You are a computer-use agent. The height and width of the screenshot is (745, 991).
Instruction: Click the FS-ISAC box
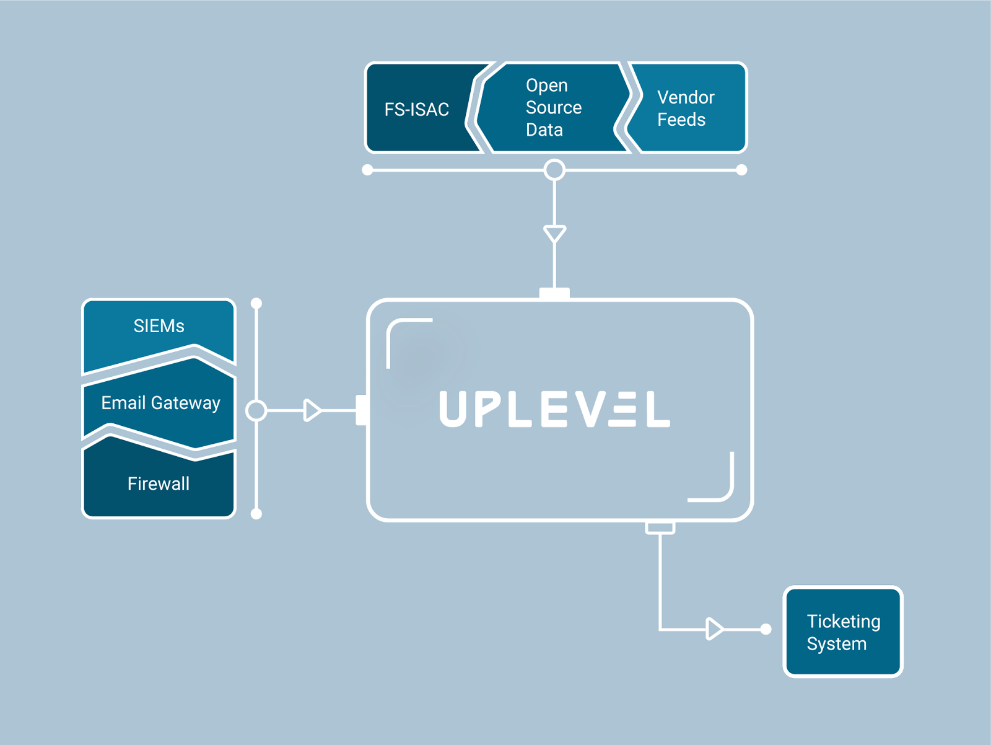point(417,108)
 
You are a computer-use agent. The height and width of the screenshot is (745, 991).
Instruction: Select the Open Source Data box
point(553,107)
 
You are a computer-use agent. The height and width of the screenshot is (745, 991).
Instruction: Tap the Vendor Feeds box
point(686,108)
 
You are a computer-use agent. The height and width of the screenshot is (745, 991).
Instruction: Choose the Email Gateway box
point(160,403)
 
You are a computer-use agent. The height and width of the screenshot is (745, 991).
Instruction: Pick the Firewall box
point(159,483)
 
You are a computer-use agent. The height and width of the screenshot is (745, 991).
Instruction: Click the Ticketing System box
point(843,632)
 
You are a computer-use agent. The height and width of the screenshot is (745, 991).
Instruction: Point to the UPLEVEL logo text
point(554,409)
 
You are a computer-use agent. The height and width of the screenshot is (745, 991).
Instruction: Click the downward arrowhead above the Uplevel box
point(554,234)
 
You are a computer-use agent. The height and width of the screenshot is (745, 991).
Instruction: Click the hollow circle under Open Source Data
point(554,170)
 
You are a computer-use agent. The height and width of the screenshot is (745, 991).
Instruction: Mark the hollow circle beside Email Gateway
point(256,410)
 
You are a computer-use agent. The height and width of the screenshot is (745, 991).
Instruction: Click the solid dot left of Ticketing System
point(766,629)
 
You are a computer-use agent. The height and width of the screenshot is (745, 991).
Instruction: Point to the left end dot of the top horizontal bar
point(367,170)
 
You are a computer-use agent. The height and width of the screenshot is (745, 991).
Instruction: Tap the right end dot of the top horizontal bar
point(741,170)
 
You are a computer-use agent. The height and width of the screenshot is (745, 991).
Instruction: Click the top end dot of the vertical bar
point(256,303)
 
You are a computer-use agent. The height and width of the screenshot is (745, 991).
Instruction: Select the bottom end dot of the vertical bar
point(256,514)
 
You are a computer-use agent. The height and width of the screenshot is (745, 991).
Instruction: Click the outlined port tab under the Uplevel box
point(660,528)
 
